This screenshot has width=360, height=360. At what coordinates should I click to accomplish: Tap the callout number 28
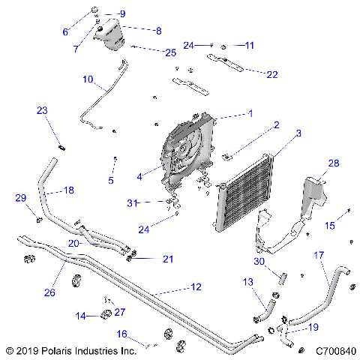333,163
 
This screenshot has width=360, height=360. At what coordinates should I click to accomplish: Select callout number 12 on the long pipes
196,286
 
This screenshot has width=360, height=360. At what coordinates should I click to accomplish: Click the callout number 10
87,79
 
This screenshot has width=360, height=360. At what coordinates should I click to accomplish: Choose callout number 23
42,110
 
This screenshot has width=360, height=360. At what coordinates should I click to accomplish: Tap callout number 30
259,262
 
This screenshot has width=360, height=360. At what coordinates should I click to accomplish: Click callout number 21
168,259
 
